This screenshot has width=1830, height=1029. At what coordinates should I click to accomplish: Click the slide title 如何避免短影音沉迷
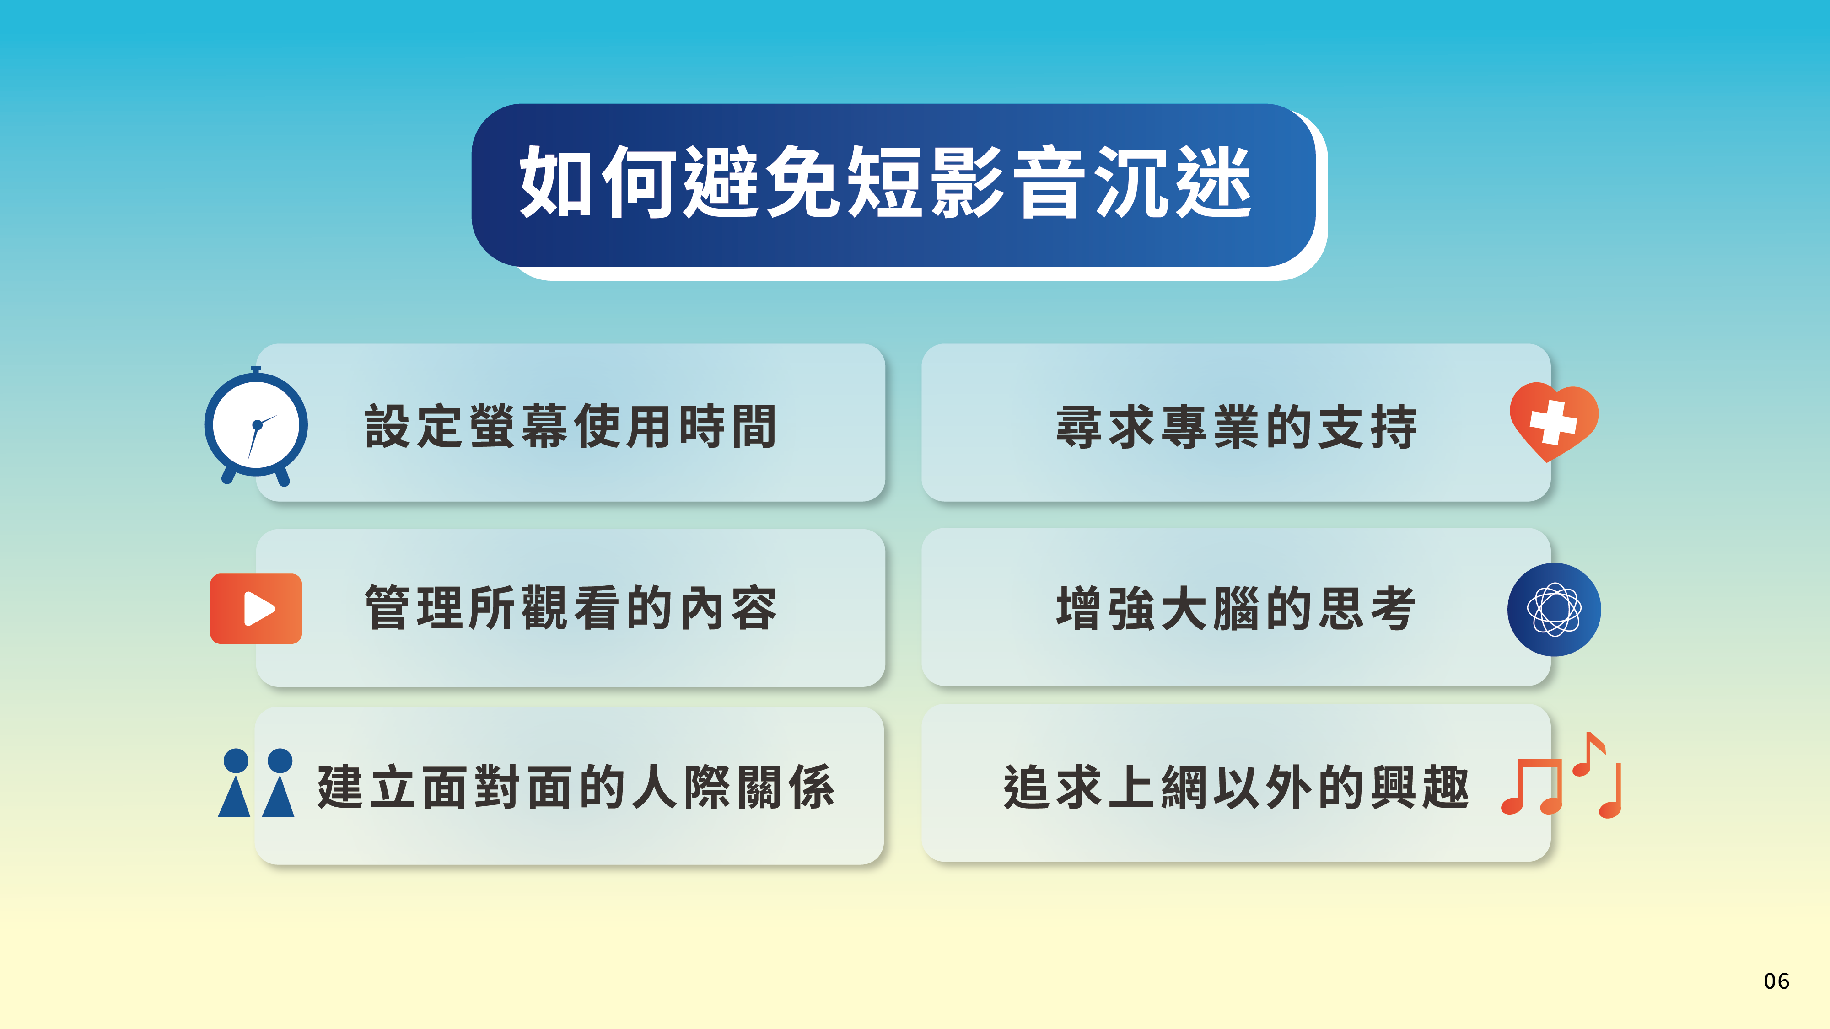click(x=885, y=182)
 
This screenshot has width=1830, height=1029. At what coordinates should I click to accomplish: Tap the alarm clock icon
click(x=256, y=426)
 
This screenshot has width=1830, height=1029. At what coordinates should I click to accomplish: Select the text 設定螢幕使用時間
click(x=571, y=426)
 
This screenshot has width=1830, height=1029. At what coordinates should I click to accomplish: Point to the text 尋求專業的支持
click(x=1236, y=427)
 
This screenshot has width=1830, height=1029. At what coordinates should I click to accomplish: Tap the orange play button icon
click(x=256, y=609)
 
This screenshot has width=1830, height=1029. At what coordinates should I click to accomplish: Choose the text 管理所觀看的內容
click(x=571, y=608)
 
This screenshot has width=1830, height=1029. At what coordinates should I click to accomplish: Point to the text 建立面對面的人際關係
click(x=576, y=787)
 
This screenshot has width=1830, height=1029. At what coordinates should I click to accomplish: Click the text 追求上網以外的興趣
click(x=1236, y=787)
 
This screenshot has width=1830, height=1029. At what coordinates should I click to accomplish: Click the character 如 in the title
click(x=556, y=182)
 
